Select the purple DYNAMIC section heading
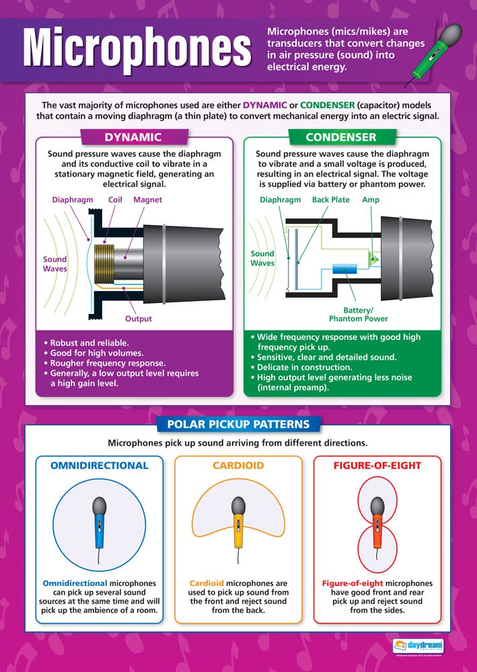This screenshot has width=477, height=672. tap(133, 137)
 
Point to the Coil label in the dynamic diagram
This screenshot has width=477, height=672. tap(115, 200)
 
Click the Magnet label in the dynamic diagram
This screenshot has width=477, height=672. tap(147, 200)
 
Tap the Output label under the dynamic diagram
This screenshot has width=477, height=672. tap(139, 319)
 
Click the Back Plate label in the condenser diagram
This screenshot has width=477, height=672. tap(331, 200)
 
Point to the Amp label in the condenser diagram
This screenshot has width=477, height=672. tap(371, 200)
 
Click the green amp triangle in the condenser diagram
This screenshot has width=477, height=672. tap(373, 259)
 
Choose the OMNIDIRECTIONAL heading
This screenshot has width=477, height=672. tap(99, 465)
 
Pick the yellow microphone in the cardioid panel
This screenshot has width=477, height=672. tap(238, 518)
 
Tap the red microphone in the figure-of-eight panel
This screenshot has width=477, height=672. tap(377, 518)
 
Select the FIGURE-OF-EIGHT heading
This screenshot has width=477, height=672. tap(377, 465)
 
